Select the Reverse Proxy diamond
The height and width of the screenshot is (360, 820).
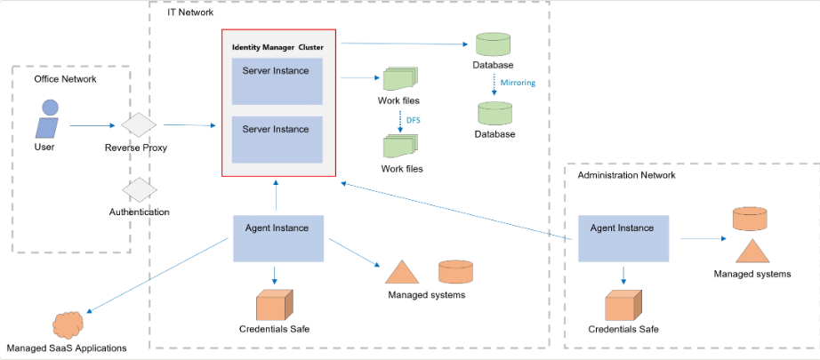[x=139, y=124]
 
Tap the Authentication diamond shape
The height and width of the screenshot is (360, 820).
[x=139, y=189]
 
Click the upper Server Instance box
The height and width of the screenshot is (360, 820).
[x=277, y=82]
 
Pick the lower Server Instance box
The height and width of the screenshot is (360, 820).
[x=277, y=140]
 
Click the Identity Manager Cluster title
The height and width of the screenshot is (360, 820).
[x=277, y=47]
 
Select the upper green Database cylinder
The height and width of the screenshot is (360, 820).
[x=493, y=44]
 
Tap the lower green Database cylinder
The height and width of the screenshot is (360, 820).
[x=494, y=114]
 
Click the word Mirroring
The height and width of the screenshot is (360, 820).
[x=518, y=83]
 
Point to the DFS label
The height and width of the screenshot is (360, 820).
[x=414, y=120]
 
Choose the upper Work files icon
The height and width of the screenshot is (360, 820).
[x=400, y=79]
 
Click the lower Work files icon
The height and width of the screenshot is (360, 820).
[x=401, y=148]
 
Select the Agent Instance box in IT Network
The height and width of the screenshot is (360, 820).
[x=278, y=239]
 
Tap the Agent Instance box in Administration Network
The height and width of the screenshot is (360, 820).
[x=623, y=239]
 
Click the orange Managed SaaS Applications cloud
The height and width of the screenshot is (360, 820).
[x=68, y=325]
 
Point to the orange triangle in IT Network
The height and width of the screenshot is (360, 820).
[x=402, y=271]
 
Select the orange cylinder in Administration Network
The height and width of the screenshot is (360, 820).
[x=750, y=219]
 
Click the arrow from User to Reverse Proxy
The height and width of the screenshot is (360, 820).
[x=92, y=125]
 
